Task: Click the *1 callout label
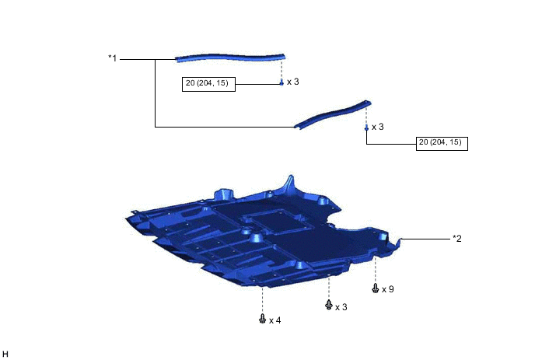(112, 58)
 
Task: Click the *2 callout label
(457, 239)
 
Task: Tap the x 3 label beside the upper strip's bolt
(292, 82)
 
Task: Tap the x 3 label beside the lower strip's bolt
(378, 127)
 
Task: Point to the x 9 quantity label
(388, 289)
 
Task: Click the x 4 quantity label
(275, 320)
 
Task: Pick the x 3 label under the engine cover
(341, 307)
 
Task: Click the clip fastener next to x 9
(376, 288)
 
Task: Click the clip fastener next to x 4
(262, 319)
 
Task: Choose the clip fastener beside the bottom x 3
(329, 304)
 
